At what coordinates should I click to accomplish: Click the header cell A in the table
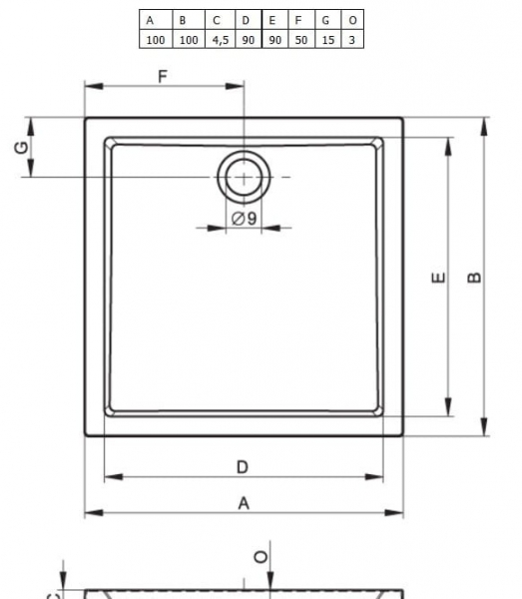click(x=151, y=20)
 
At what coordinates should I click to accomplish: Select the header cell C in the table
click(x=216, y=20)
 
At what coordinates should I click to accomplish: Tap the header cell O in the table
click(x=351, y=20)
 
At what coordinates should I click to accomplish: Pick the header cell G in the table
click(x=325, y=20)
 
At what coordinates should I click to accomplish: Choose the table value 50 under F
click(x=299, y=39)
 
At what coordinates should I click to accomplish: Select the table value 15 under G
click(x=325, y=39)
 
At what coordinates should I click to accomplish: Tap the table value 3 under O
click(x=351, y=39)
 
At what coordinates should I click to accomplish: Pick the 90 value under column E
click(x=272, y=39)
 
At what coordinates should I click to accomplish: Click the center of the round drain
click(x=244, y=177)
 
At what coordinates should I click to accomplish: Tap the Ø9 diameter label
click(x=245, y=219)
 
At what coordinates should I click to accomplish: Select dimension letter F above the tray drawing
click(x=162, y=76)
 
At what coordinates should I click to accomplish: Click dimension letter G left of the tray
click(x=20, y=148)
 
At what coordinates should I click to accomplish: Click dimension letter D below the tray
click(x=243, y=466)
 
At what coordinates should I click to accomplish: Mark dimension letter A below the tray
click(x=243, y=503)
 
